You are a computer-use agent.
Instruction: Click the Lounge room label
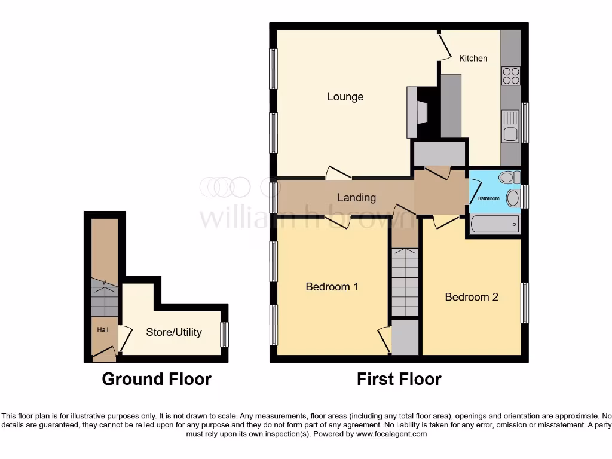[x=345, y=97]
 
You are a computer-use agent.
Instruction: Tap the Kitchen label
[x=473, y=59]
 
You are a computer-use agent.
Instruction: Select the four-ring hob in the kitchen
[x=511, y=76]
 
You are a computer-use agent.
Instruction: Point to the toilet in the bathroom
[x=508, y=178]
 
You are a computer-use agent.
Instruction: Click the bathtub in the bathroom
[x=494, y=225]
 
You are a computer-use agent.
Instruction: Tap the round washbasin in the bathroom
[x=512, y=198]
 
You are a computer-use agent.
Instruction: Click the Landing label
[x=357, y=198]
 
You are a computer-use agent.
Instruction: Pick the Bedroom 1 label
[x=332, y=287]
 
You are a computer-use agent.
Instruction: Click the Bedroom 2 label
[x=472, y=297]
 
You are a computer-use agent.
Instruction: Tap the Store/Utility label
[x=174, y=332]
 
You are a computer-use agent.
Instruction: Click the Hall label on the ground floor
[x=103, y=329]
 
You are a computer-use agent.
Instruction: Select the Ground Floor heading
[x=157, y=379]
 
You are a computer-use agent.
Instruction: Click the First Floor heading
[x=399, y=379]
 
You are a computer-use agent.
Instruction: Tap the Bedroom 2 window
[x=524, y=303]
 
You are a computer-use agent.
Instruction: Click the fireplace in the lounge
[x=417, y=112]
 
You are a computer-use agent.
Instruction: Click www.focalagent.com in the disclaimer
[x=391, y=434]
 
